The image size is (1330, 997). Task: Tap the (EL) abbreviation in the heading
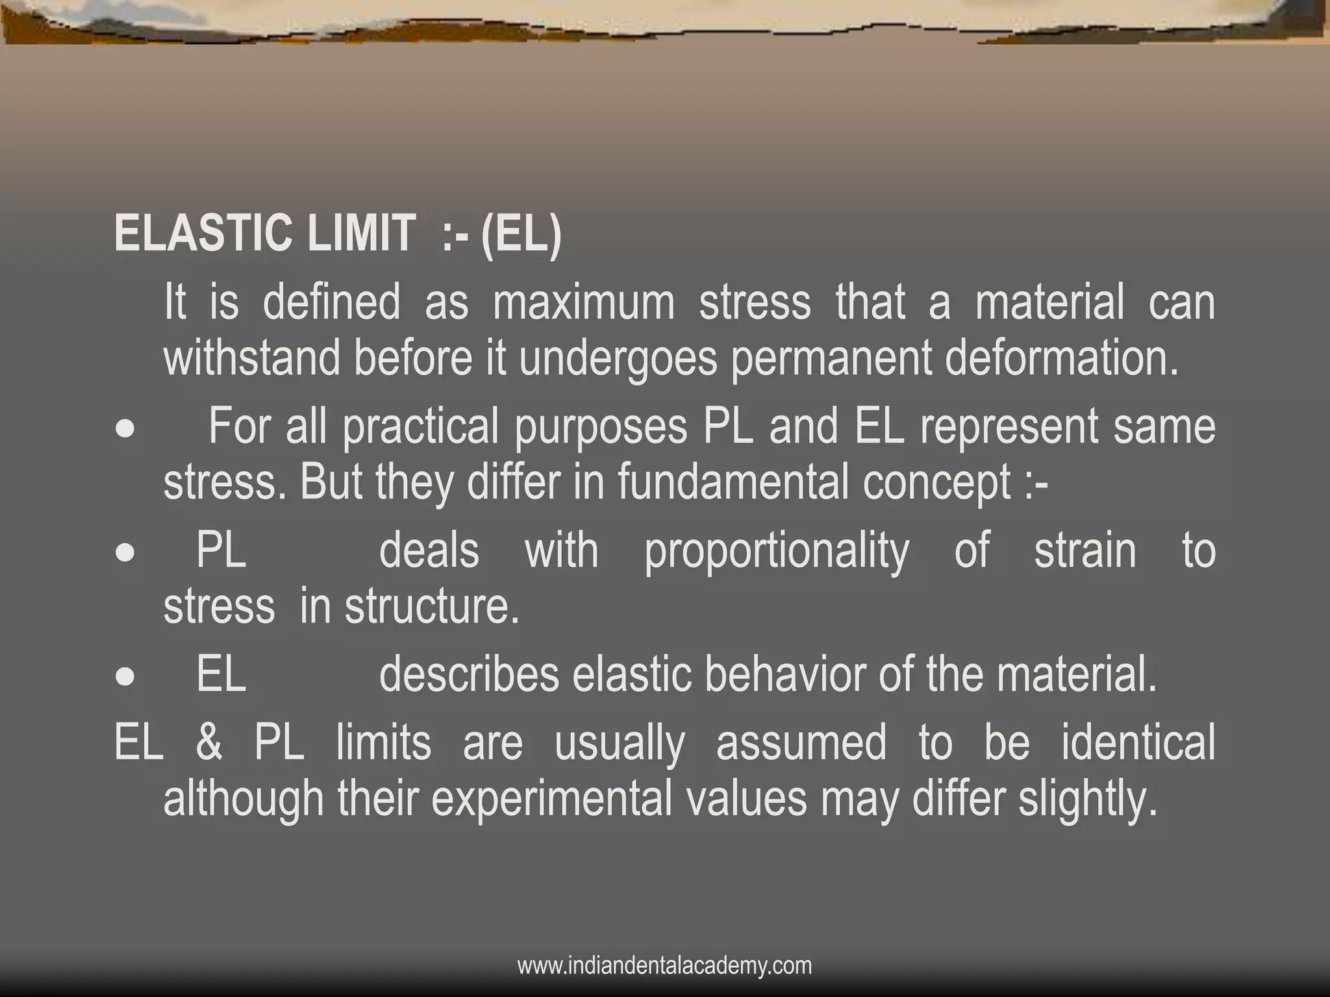point(521,234)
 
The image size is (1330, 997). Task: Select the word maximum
point(583,302)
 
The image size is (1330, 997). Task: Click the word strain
point(1085,550)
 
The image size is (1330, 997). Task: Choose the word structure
point(432,607)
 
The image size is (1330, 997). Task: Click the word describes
point(468,675)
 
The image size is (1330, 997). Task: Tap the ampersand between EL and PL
point(208,743)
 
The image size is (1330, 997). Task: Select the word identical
point(1138,743)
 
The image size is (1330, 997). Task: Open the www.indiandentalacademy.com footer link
point(664,966)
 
